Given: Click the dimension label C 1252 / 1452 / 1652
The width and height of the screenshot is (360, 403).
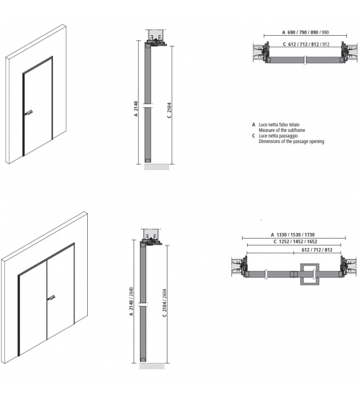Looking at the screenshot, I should [x=295, y=241].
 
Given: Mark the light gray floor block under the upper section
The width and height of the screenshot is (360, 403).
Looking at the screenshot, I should [x=157, y=167].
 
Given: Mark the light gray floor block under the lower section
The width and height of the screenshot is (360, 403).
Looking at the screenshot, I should [x=152, y=366].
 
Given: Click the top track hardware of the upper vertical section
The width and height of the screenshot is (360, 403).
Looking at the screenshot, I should [x=155, y=38].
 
